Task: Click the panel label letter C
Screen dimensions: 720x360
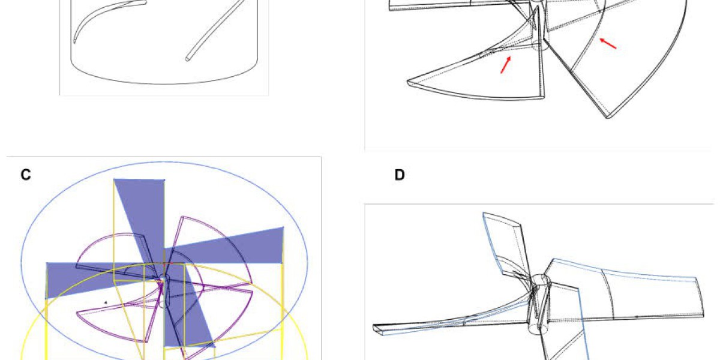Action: [26, 175]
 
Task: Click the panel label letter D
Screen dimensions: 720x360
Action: [400, 175]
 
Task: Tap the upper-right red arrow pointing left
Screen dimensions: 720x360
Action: [608, 43]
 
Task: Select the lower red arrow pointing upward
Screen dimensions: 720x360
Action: [506, 65]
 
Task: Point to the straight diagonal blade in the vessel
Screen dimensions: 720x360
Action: [215, 31]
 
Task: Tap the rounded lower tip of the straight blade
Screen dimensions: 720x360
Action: [187, 59]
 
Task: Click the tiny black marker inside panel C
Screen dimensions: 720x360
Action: [106, 302]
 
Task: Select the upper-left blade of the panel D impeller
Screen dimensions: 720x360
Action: [506, 247]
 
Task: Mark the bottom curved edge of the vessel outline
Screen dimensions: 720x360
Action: [164, 84]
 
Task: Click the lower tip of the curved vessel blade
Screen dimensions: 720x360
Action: [74, 41]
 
